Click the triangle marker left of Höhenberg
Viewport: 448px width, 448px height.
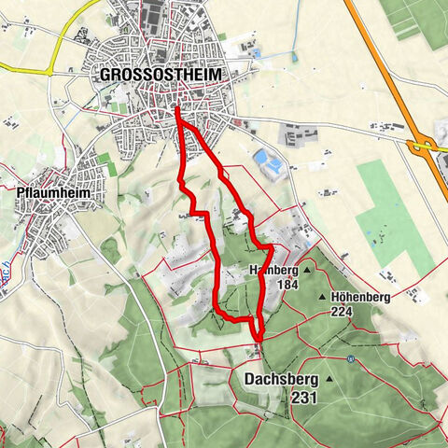(324, 297)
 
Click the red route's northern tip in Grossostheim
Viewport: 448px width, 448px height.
(176, 111)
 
